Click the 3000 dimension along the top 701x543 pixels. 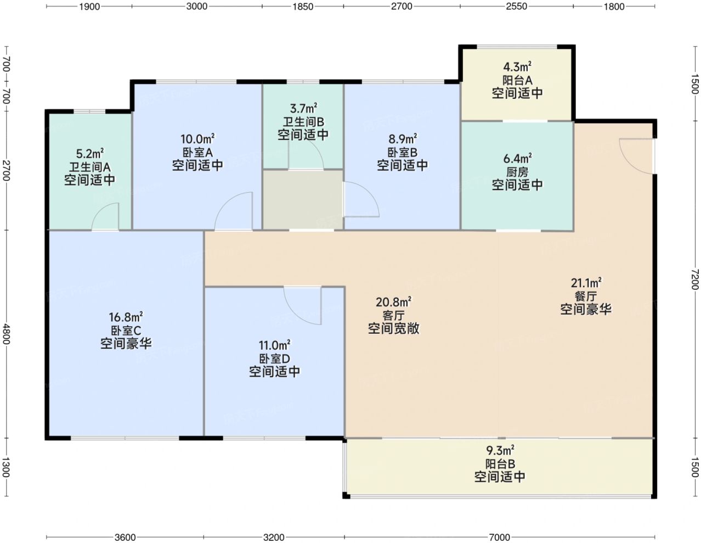tap(196, 6)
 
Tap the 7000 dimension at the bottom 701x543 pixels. tap(499, 537)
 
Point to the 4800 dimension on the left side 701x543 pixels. tap(6, 334)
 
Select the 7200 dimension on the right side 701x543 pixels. tap(695, 279)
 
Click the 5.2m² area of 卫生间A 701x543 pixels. tap(89, 153)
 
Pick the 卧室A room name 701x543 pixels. tap(197, 153)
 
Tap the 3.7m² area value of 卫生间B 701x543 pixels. tap(303, 108)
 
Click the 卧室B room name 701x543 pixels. tap(402, 153)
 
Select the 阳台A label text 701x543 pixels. tap(517, 80)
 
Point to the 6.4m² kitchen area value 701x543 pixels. tap(517, 159)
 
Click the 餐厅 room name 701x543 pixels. tap(586, 296)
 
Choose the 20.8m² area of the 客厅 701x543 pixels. tap(393, 302)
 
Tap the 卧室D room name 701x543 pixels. tap(274, 359)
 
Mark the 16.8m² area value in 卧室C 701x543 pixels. tap(126, 317)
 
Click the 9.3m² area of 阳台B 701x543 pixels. tap(500, 450)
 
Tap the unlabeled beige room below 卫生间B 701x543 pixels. tap(303, 200)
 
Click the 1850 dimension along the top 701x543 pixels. tap(303, 6)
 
